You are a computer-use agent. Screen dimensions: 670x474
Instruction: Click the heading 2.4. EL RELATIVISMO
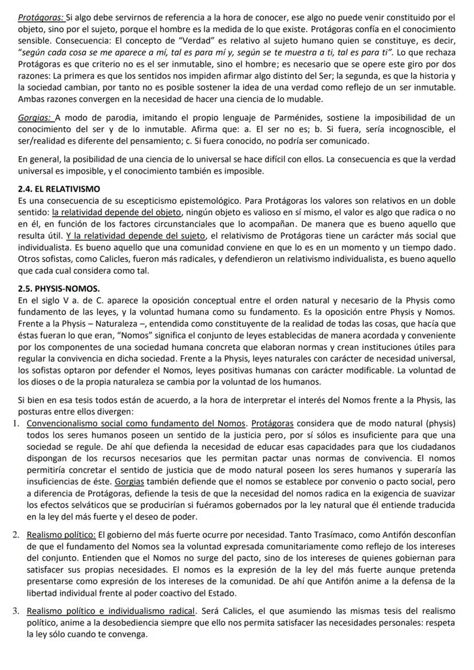(59, 188)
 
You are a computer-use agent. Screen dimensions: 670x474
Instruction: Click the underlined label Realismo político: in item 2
(61, 535)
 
